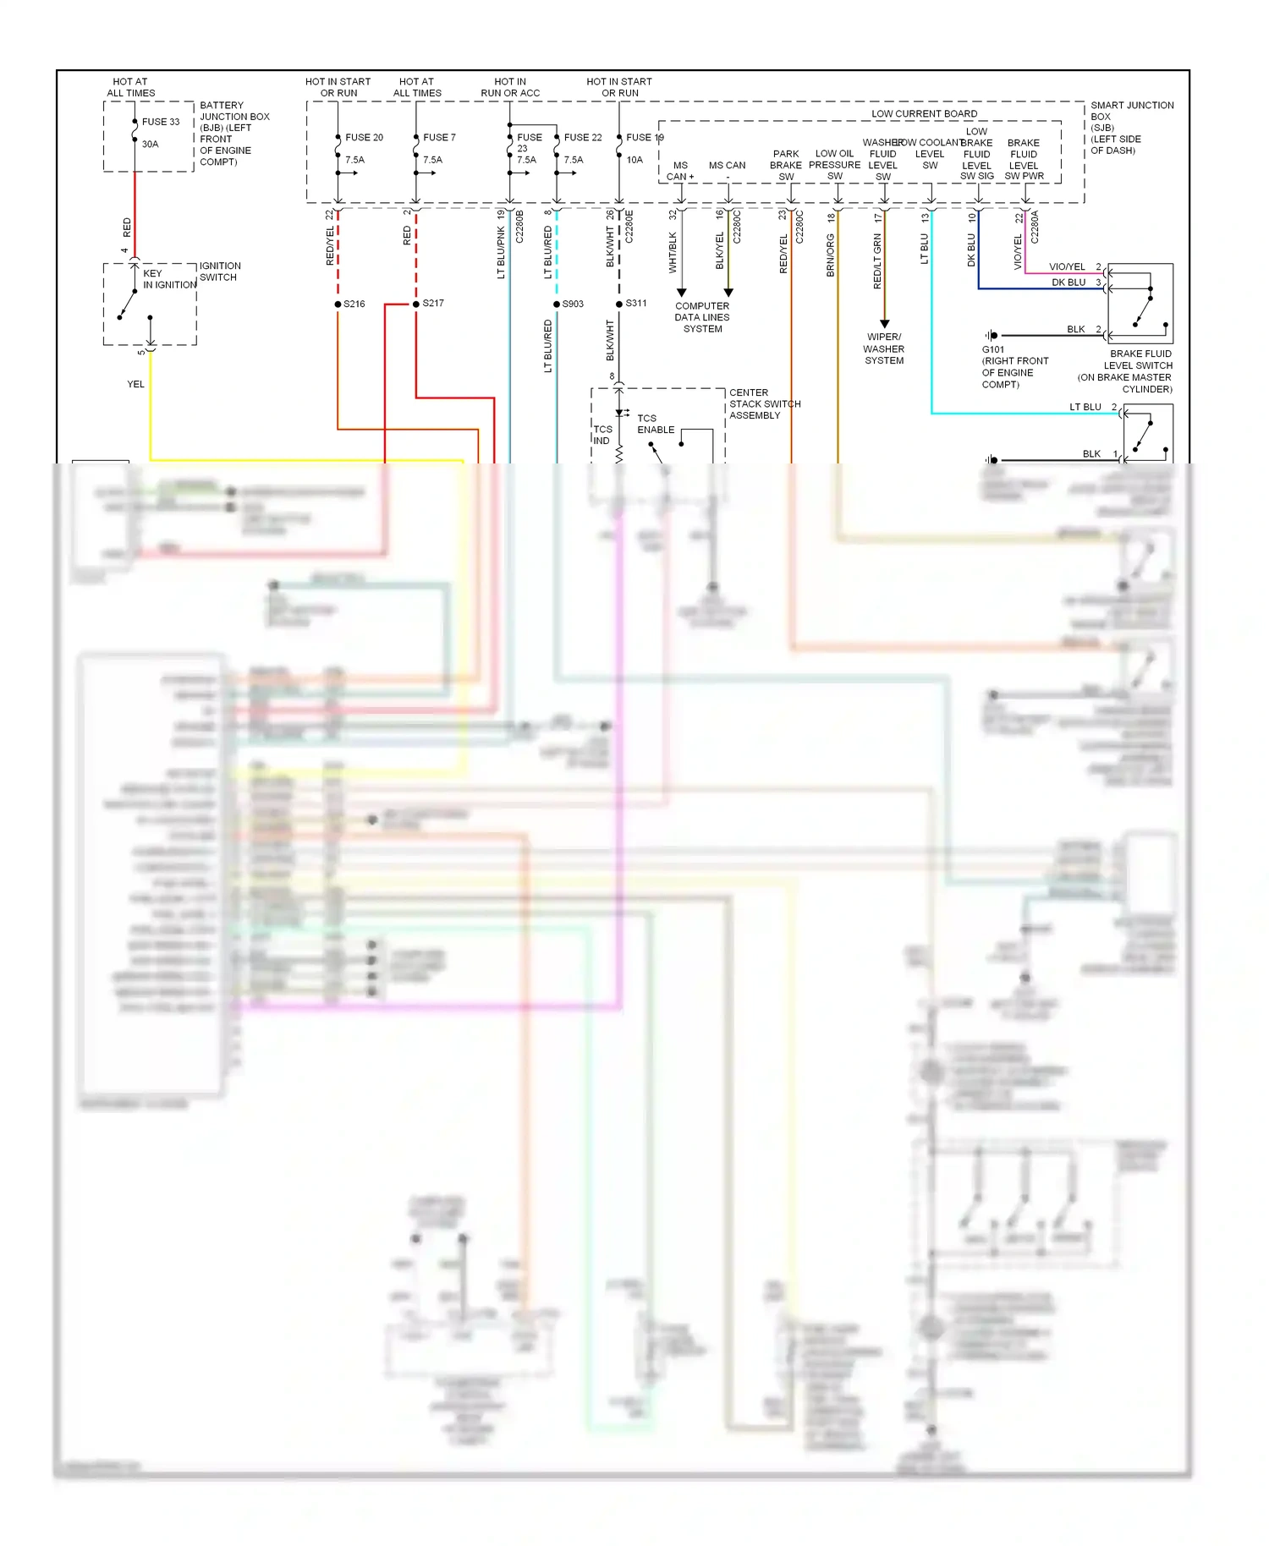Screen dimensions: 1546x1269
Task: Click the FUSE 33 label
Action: click(x=161, y=122)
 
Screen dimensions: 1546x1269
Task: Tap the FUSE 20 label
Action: click(x=364, y=137)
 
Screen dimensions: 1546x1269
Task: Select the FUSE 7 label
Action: click(x=439, y=137)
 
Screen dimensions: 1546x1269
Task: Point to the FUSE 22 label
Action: click(x=583, y=137)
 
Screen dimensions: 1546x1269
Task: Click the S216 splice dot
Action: click(x=338, y=304)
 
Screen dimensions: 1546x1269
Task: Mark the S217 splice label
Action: click(x=433, y=303)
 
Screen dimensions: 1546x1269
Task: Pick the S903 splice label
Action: click(x=573, y=304)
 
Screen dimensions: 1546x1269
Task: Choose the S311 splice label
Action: click(x=636, y=303)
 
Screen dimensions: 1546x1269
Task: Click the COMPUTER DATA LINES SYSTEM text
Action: click(x=702, y=317)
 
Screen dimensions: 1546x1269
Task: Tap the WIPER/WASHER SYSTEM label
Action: click(x=884, y=348)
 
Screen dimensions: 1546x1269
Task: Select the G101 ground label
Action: click(x=993, y=349)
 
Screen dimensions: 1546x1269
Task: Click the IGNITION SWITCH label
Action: click(x=219, y=271)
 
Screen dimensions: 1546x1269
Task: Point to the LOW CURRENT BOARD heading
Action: click(x=924, y=113)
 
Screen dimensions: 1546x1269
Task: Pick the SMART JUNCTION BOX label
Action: click(x=1131, y=128)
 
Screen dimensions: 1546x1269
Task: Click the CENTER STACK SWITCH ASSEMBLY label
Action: click(x=764, y=404)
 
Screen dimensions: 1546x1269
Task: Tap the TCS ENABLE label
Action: click(x=655, y=424)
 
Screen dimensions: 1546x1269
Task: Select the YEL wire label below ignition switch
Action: click(x=135, y=384)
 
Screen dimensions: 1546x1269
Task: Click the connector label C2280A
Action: click(x=1034, y=228)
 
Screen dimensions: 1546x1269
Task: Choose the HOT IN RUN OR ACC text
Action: click(x=510, y=87)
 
